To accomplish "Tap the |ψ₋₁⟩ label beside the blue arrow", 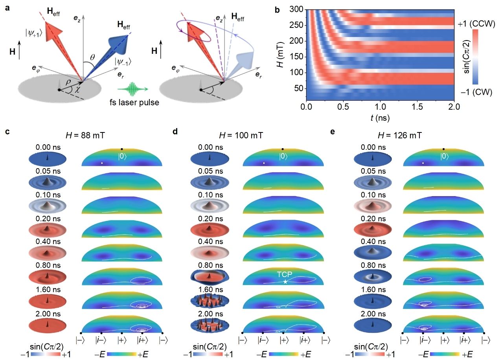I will coord(123,61).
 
